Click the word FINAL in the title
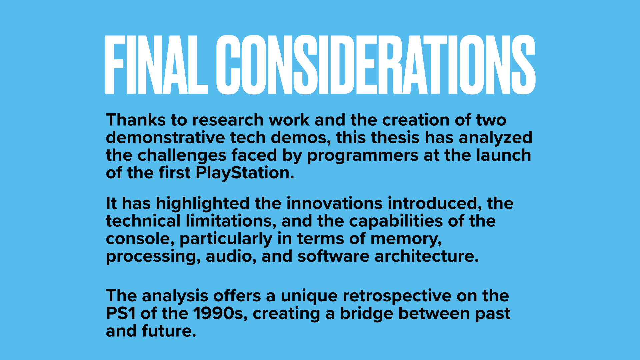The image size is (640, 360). pos(156,65)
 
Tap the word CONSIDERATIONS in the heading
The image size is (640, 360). pos(376,65)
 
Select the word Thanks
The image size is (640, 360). pos(136,120)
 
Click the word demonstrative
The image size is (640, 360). pos(165,138)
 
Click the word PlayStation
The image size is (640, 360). pos(245,173)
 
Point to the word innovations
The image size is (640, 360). pos(334,203)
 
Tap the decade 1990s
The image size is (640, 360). pos(220,314)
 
